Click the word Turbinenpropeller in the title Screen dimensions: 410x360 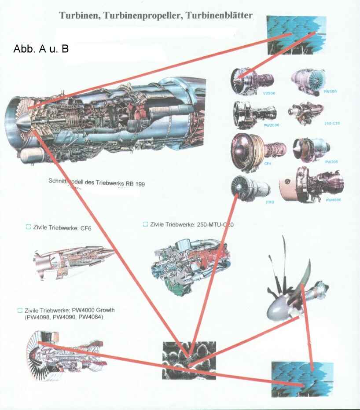click(143, 16)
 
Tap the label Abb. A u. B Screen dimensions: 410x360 click(41, 49)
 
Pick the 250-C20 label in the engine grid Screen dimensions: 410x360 click(331, 124)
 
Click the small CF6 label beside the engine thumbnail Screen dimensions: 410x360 click(267, 163)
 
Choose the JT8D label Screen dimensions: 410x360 click(270, 201)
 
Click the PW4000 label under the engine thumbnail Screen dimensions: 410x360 click(333, 200)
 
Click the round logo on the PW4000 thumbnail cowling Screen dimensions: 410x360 click(287, 182)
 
